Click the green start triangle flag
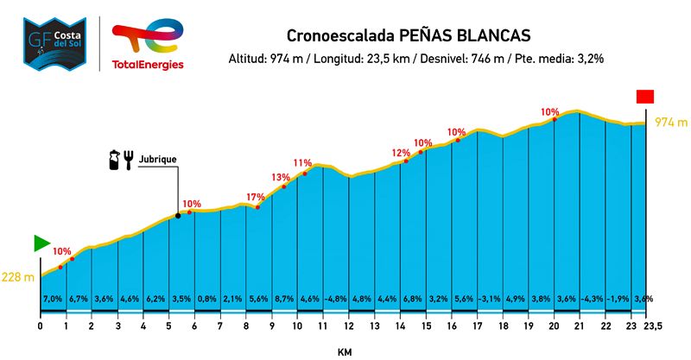(x=41, y=243)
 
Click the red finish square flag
(x=645, y=97)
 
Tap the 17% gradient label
(x=256, y=197)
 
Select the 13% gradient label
(x=281, y=178)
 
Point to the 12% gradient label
(x=401, y=153)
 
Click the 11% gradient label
(x=302, y=162)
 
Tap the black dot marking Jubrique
(x=178, y=215)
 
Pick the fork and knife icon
(x=129, y=160)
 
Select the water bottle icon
(x=112, y=160)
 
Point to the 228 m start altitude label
(x=17, y=277)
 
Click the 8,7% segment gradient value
(x=284, y=299)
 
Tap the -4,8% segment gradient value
(x=336, y=299)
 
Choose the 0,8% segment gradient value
(x=207, y=299)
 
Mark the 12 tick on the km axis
(x=348, y=325)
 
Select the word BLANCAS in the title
(x=490, y=36)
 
